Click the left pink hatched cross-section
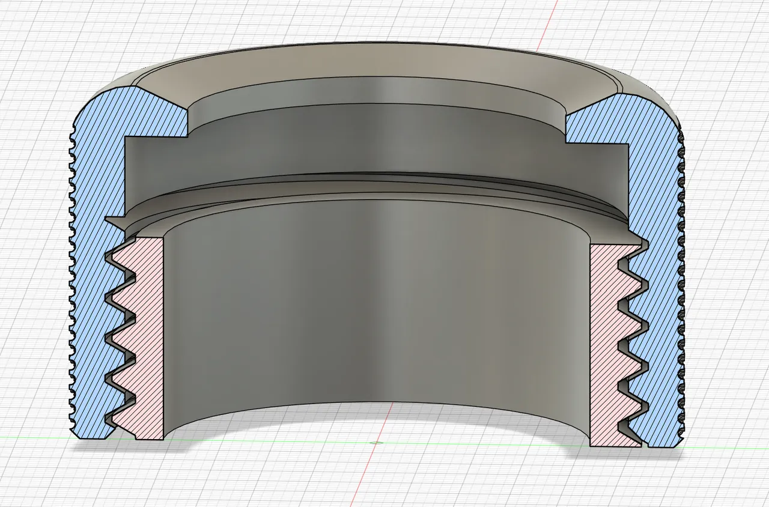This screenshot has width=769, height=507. coord(144,336)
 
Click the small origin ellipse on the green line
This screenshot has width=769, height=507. coord(377,443)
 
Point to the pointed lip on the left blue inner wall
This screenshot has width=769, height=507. coord(112,220)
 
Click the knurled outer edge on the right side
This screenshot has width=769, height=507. coord(681,270)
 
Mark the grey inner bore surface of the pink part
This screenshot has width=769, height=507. coord(372,312)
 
